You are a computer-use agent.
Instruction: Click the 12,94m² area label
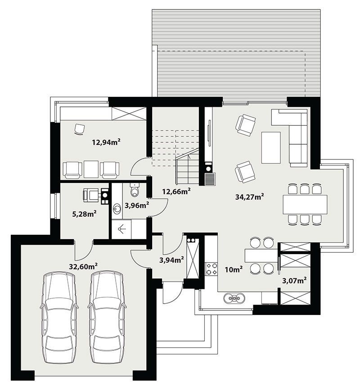(106, 142)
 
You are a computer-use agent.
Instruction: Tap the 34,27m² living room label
(250, 197)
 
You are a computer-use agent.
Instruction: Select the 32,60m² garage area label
(83, 266)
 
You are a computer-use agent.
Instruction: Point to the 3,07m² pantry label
(294, 281)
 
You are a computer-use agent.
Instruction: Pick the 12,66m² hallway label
(177, 191)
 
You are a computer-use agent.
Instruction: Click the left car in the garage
(59, 318)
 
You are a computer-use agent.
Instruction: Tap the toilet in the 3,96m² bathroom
(135, 190)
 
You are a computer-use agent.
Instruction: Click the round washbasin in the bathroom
(117, 208)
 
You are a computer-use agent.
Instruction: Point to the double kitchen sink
(234, 298)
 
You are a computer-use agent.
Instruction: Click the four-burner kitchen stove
(211, 269)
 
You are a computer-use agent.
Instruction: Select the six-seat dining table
(305, 205)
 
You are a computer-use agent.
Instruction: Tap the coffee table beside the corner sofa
(271, 148)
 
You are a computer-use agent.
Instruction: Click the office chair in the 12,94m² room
(80, 129)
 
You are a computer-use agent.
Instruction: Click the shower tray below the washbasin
(121, 229)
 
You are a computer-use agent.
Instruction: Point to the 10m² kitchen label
(234, 269)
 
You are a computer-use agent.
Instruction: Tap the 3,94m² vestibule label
(171, 260)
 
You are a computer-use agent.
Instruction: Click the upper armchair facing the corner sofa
(245, 125)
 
